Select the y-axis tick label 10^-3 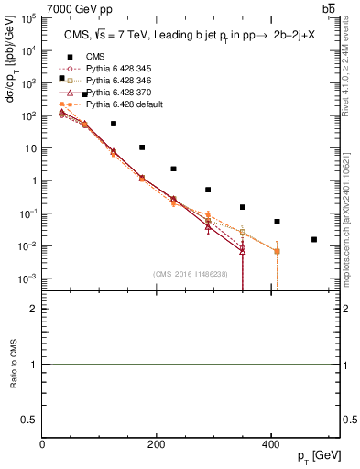tap(29, 278)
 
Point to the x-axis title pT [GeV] tap(317, 456)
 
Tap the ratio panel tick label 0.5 tap(29, 419)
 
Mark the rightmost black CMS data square tap(314, 240)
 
